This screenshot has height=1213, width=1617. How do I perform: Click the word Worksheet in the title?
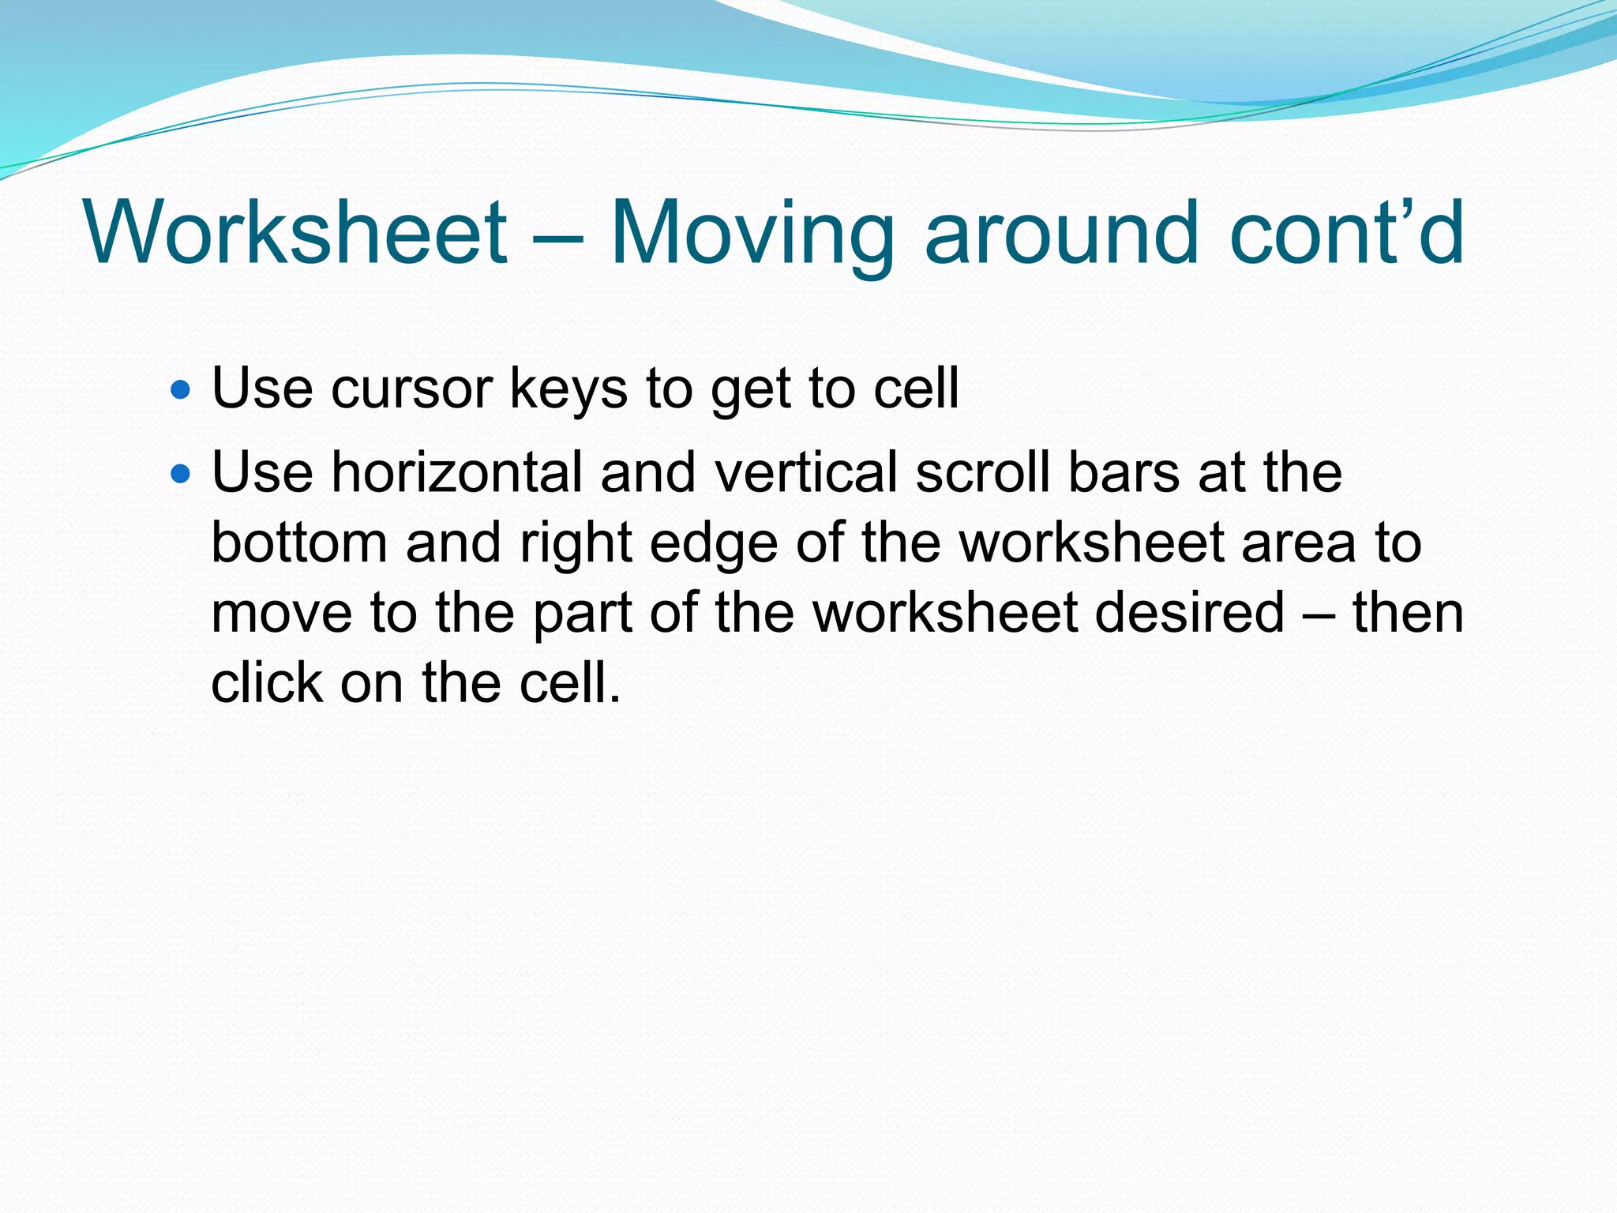pos(295,232)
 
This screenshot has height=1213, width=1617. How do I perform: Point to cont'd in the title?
pos(1347,232)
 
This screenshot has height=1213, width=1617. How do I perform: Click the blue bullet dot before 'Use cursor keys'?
pos(181,389)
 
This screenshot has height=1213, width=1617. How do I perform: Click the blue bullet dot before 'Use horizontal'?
pos(181,474)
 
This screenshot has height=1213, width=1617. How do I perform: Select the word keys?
pos(568,390)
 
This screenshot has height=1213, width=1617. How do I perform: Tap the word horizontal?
pos(456,472)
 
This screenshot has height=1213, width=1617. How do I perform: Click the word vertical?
pos(805,472)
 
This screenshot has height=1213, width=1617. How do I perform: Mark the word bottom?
pos(299,543)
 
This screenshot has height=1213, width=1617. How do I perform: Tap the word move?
pos(281,613)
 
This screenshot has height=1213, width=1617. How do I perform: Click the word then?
pos(1409,613)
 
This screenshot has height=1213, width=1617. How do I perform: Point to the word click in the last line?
pos(266,682)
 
